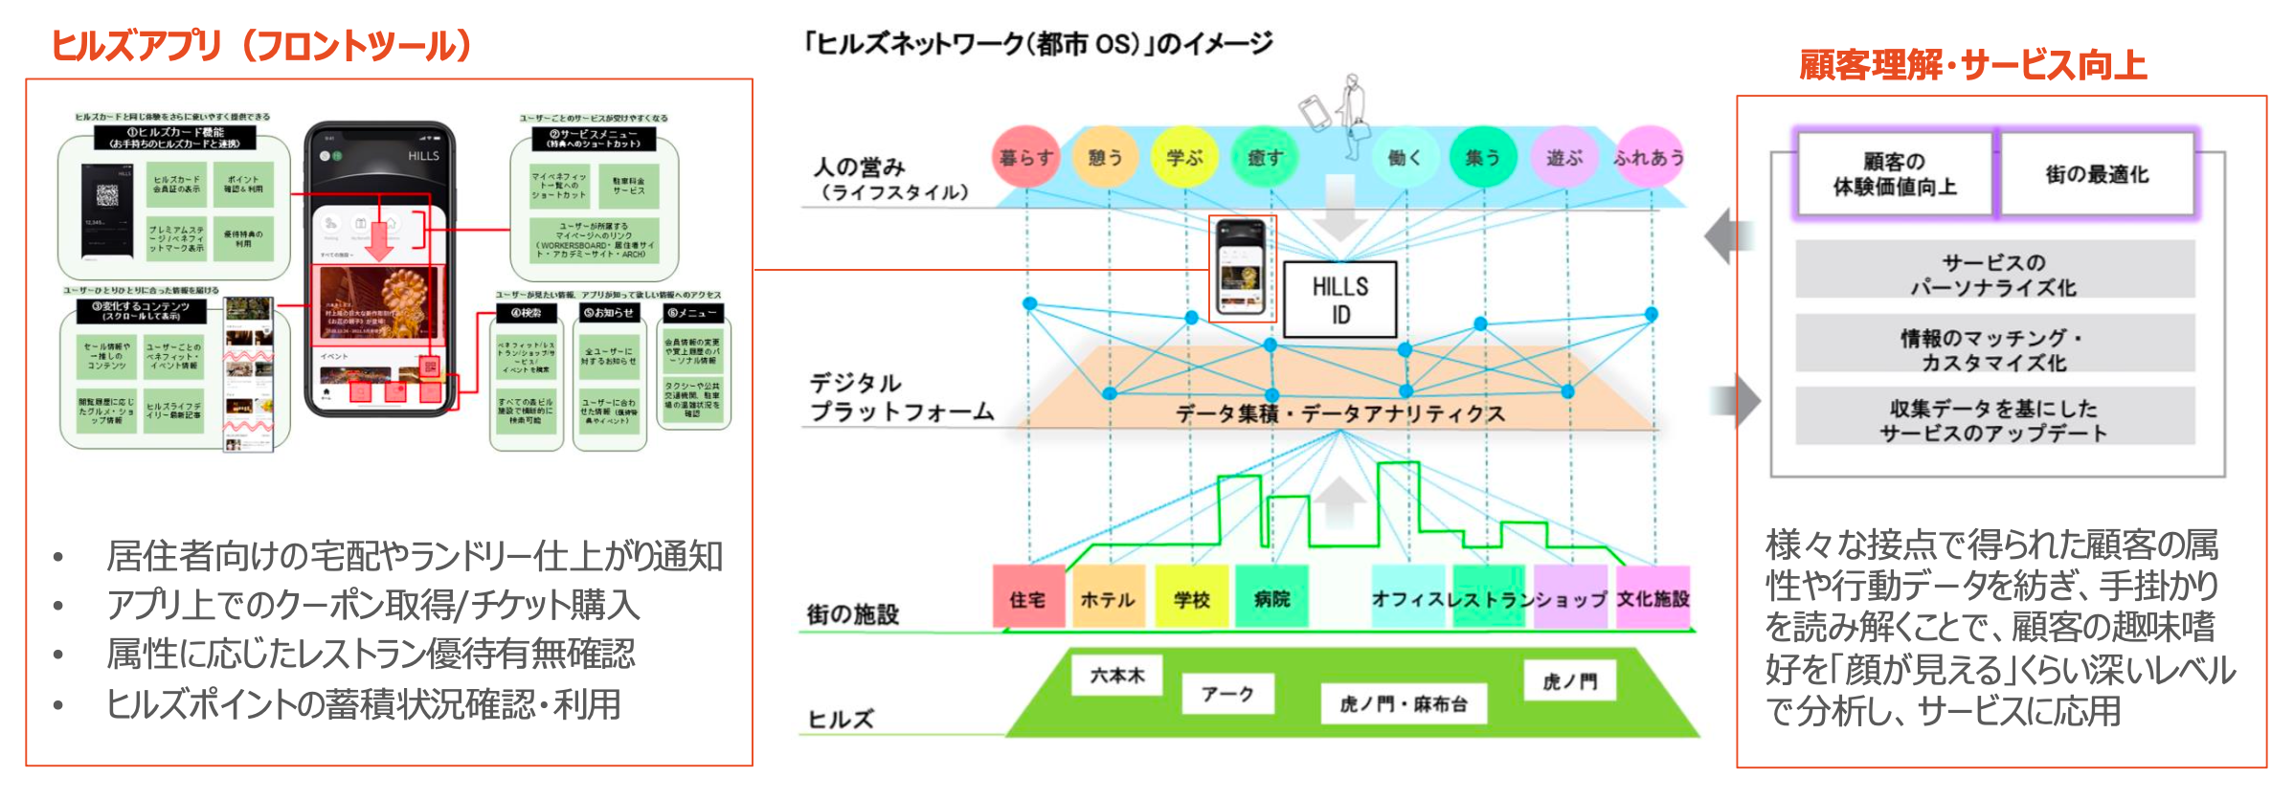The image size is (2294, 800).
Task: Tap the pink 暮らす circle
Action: [x=1025, y=157]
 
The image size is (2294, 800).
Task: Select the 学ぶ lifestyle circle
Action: [x=1184, y=157]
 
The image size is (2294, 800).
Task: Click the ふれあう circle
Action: [x=1649, y=157]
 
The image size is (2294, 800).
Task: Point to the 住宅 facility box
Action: [x=1028, y=598]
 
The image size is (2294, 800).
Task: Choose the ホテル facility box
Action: [x=1108, y=598]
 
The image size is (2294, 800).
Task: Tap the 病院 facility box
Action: [x=1271, y=598]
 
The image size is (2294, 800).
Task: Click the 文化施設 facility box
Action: [x=1653, y=598]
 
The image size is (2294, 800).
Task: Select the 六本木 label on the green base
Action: [x=1117, y=675]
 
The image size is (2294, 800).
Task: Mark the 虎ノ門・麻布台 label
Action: [x=1404, y=704]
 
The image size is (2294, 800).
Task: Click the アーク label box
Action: [x=1227, y=694]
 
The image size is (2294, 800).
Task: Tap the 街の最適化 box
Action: [x=2097, y=174]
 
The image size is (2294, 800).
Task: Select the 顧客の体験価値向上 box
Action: [x=1895, y=174]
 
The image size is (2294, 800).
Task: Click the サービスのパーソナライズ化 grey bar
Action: [x=1994, y=274]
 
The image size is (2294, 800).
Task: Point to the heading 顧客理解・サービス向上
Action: [x=1972, y=65]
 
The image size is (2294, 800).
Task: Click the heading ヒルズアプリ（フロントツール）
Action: [x=261, y=46]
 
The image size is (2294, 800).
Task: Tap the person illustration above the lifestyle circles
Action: [x=1353, y=115]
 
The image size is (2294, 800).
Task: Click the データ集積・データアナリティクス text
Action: [x=1339, y=413]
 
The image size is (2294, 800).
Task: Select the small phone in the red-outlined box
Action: [x=1242, y=268]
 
